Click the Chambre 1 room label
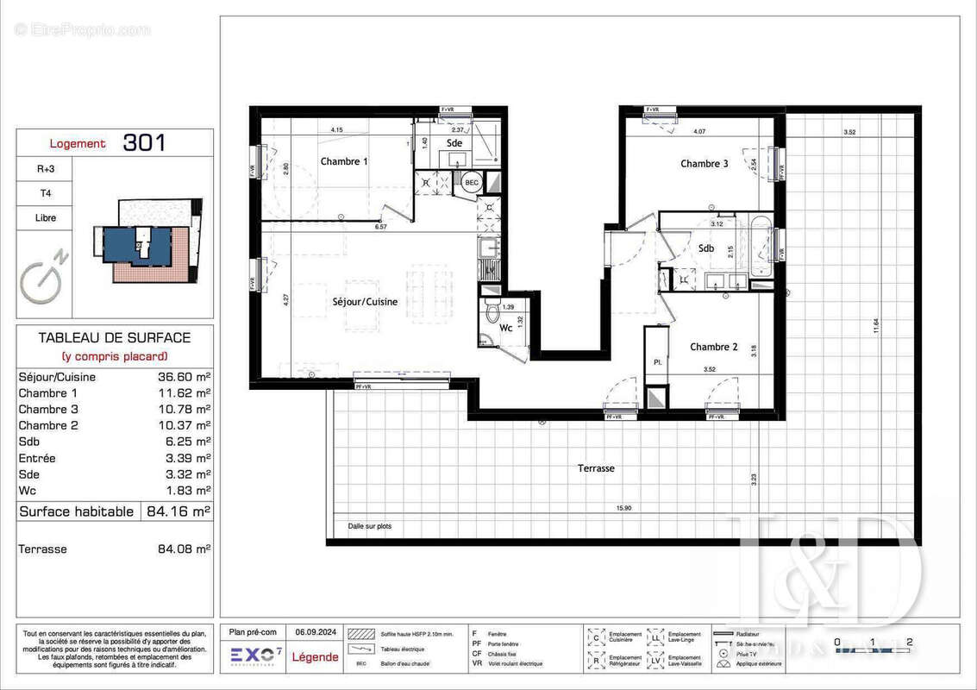pyautogui.click(x=344, y=161)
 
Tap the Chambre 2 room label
pyautogui.click(x=713, y=347)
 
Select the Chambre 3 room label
pyautogui.click(x=704, y=164)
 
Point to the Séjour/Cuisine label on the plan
pyautogui.click(x=366, y=302)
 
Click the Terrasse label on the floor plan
pyautogui.click(x=596, y=467)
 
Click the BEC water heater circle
pyautogui.click(x=471, y=183)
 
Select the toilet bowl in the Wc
pyautogui.click(x=492, y=311)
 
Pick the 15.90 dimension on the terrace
pyautogui.click(x=623, y=508)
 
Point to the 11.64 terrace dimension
pyautogui.click(x=876, y=326)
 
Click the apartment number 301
pyautogui.click(x=144, y=143)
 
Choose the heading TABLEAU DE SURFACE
pyautogui.click(x=115, y=338)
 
